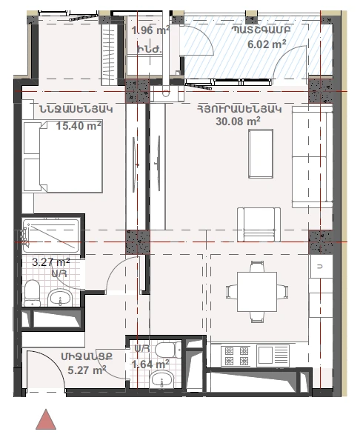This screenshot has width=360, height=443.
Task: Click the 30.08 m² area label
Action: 238,121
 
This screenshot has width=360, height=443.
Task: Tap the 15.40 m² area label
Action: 79,125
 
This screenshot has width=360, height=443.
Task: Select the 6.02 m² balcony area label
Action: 267,44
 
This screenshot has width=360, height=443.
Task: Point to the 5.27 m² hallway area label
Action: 87,370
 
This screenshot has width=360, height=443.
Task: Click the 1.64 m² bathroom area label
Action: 150,364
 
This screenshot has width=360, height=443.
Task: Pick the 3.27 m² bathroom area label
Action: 51,262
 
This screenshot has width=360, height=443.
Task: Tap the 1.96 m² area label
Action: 150,30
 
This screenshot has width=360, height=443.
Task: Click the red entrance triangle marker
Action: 46,419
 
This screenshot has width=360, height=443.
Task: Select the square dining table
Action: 257,292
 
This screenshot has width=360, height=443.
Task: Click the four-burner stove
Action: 236,356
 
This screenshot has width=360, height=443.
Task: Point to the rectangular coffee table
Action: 261,153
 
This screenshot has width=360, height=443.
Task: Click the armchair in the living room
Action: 259,224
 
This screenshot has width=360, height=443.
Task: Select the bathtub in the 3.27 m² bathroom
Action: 51,236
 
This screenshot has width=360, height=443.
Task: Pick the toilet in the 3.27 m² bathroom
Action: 32,293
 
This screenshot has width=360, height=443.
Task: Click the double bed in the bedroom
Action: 63,157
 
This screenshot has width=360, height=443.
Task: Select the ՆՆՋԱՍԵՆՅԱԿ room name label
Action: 76,109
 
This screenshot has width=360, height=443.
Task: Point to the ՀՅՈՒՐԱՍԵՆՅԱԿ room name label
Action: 239,109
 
